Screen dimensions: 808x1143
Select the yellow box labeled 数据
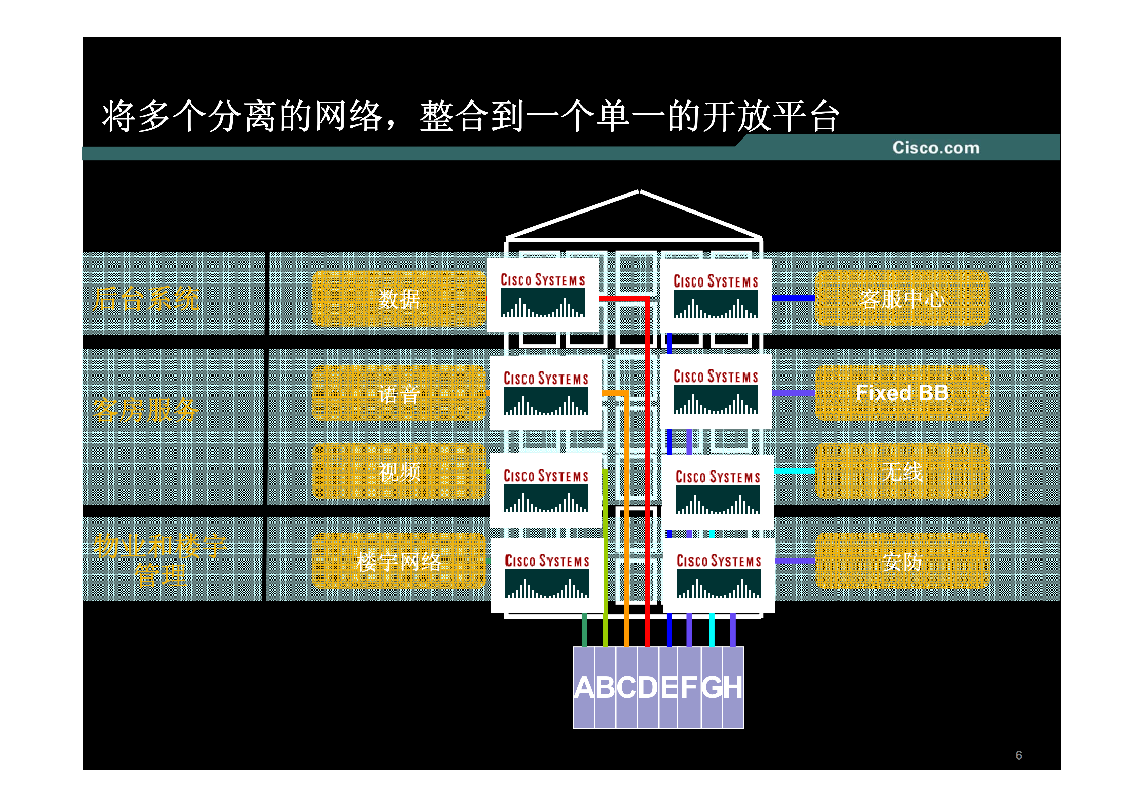tap(398, 299)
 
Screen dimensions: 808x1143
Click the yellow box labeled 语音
tap(398, 393)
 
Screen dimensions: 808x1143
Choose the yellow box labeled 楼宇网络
tap(398, 562)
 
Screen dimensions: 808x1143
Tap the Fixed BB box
tap(902, 393)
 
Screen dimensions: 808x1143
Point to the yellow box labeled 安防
tap(902, 562)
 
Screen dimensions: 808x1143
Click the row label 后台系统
tap(146, 299)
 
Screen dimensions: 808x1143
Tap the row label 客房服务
tap(146, 410)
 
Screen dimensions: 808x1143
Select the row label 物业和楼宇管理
tap(160, 561)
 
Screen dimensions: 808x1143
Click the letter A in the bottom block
tap(585, 687)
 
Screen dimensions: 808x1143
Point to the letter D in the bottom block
tap(648, 687)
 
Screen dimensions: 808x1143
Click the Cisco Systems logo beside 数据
tap(542, 295)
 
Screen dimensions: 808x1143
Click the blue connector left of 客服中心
tap(793, 298)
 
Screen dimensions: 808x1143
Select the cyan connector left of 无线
tap(794, 471)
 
